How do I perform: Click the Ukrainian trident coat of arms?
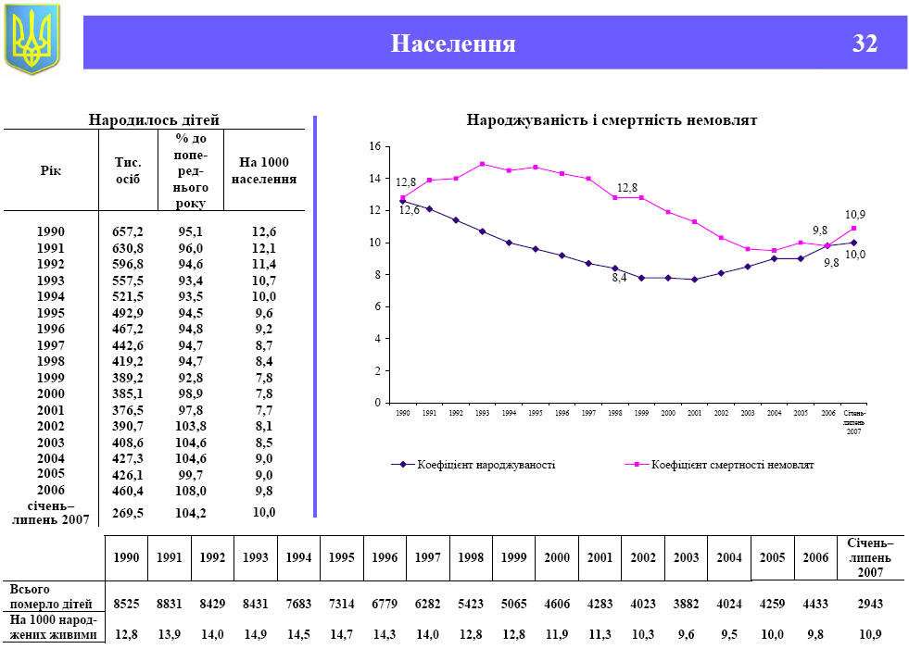32,38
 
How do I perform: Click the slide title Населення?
452,44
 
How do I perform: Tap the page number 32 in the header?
864,44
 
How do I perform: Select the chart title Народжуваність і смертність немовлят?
612,121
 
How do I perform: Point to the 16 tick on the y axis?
374,146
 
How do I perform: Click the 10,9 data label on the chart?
854,215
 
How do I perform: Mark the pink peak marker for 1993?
483,164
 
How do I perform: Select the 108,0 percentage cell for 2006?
191,491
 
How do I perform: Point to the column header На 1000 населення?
264,170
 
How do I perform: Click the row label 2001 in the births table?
51,410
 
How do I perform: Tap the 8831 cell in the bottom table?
169,603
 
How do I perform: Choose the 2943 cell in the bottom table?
869,603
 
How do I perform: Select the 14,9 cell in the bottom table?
255,634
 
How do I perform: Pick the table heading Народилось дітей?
153,119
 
